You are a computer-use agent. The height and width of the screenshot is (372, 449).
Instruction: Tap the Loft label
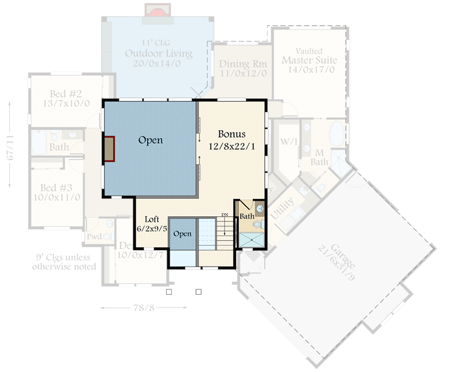(152, 219)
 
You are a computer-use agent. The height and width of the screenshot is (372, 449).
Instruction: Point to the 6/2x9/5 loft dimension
(152, 228)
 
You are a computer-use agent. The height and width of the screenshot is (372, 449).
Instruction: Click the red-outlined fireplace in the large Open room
(109, 148)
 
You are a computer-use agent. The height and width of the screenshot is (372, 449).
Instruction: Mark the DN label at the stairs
(224, 215)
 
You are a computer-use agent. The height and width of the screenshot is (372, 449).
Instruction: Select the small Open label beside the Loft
(182, 233)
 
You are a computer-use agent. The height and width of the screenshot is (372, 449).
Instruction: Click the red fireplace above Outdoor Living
(157, 10)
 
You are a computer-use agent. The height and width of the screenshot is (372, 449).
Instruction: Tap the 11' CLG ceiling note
(158, 44)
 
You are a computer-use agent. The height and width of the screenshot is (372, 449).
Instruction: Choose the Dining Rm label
(243, 64)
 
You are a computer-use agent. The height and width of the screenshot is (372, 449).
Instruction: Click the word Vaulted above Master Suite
(309, 51)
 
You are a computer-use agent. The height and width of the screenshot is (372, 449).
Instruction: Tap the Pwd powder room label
(94, 236)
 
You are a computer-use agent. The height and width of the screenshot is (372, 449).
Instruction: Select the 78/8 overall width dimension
(144, 307)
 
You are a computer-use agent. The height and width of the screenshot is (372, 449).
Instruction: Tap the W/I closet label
(286, 141)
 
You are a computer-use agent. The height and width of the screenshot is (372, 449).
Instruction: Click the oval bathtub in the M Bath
(335, 135)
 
